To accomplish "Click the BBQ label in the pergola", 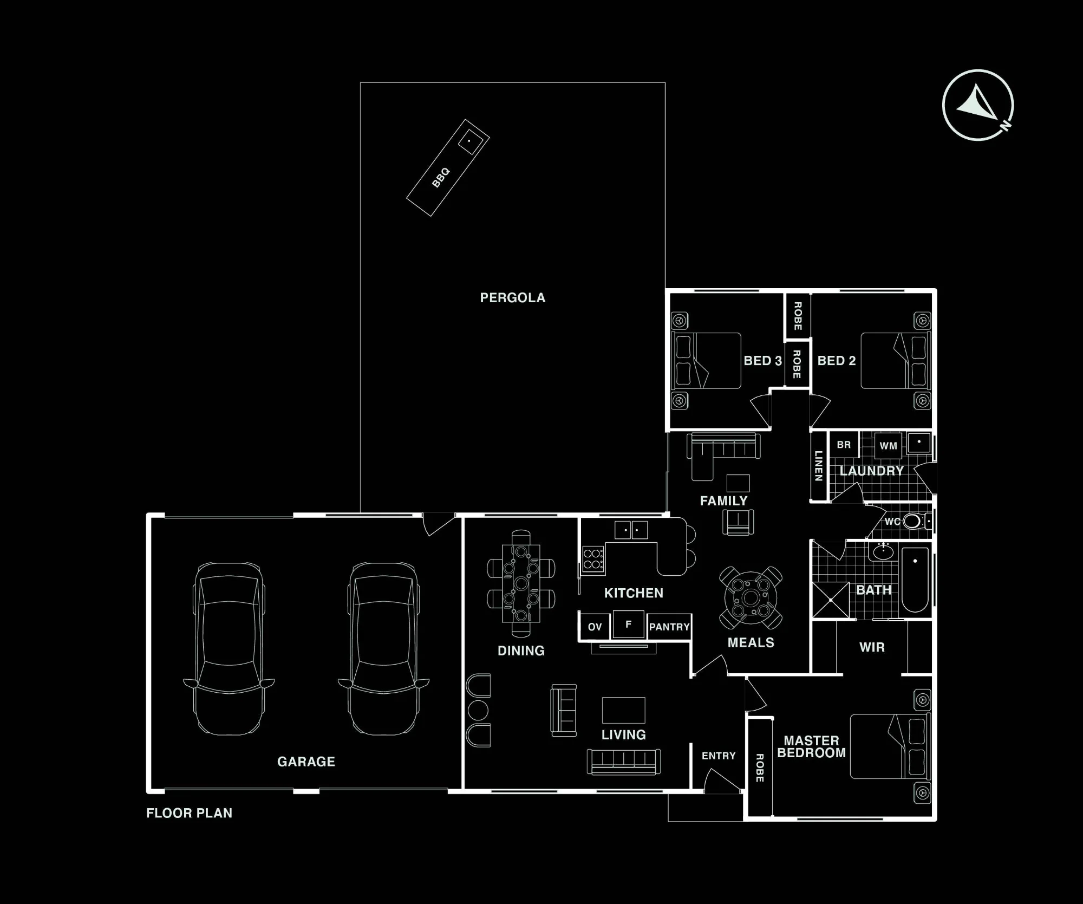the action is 441,178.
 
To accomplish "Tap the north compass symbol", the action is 978,105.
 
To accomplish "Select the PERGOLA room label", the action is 512,297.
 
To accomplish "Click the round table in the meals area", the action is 751,598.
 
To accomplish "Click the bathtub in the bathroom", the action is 915,580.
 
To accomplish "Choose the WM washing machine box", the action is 888,446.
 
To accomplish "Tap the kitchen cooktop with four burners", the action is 593,559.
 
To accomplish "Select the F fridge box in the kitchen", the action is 628,625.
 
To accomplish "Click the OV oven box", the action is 595,627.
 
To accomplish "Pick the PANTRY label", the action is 669,627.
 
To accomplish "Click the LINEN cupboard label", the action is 818,466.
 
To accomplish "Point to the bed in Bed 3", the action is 706,361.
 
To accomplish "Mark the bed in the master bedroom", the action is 890,746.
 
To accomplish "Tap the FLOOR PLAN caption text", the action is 189,813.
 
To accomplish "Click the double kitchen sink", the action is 631,530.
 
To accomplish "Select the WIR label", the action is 872,647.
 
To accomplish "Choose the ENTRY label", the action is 719,756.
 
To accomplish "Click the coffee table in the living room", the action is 624,710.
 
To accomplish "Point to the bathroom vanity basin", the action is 884,552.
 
